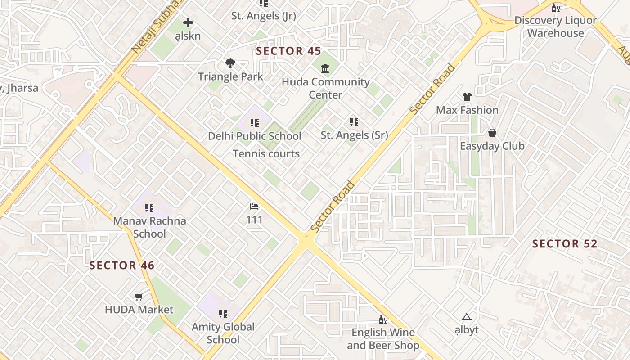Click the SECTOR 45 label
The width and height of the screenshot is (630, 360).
[x=288, y=51]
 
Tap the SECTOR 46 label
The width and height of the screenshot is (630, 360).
[x=122, y=265]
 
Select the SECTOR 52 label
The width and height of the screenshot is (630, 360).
[x=565, y=244]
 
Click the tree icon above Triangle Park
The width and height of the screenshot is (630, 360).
[x=230, y=63]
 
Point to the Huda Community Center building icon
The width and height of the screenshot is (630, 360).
[x=325, y=69]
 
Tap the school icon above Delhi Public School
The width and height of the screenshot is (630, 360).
[x=255, y=123]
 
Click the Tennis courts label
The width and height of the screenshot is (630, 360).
[x=266, y=154]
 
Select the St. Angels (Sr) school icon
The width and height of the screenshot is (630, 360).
[x=354, y=122]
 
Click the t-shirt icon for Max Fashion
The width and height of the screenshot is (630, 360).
[x=467, y=97]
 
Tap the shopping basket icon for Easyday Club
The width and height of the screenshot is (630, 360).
[x=492, y=133]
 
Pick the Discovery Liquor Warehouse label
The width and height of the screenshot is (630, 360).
[x=555, y=27]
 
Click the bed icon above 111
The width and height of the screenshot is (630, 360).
[x=254, y=207]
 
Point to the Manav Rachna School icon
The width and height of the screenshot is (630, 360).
[x=149, y=208]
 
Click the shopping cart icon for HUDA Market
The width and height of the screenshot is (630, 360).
[x=139, y=297]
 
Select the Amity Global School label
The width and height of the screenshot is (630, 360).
[x=223, y=333]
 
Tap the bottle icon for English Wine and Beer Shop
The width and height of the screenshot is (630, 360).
[x=382, y=319]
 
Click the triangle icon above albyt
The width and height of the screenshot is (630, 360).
[x=466, y=317]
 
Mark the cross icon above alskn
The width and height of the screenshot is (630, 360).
[x=188, y=22]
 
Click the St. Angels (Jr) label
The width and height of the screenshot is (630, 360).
[x=264, y=16]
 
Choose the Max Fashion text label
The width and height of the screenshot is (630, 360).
[x=467, y=110]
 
